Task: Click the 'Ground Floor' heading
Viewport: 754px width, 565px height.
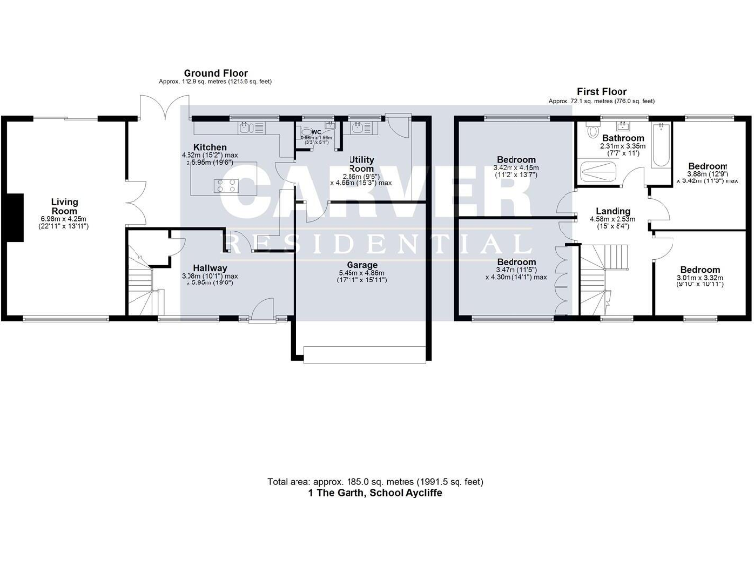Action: point(215,73)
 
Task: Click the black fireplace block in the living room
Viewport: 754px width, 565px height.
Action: point(13,217)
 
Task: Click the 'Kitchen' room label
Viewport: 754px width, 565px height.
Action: point(211,146)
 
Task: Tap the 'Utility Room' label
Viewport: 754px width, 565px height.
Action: point(362,165)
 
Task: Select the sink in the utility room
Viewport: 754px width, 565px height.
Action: point(360,127)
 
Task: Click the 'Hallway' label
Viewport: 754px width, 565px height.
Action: point(210,267)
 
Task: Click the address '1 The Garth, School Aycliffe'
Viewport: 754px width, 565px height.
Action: point(376,492)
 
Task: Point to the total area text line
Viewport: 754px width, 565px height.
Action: point(376,482)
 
